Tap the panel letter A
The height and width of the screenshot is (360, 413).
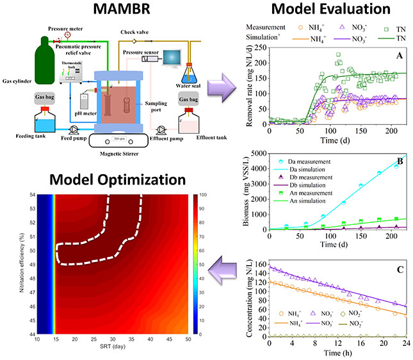398,57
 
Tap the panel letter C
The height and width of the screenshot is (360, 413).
398,270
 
